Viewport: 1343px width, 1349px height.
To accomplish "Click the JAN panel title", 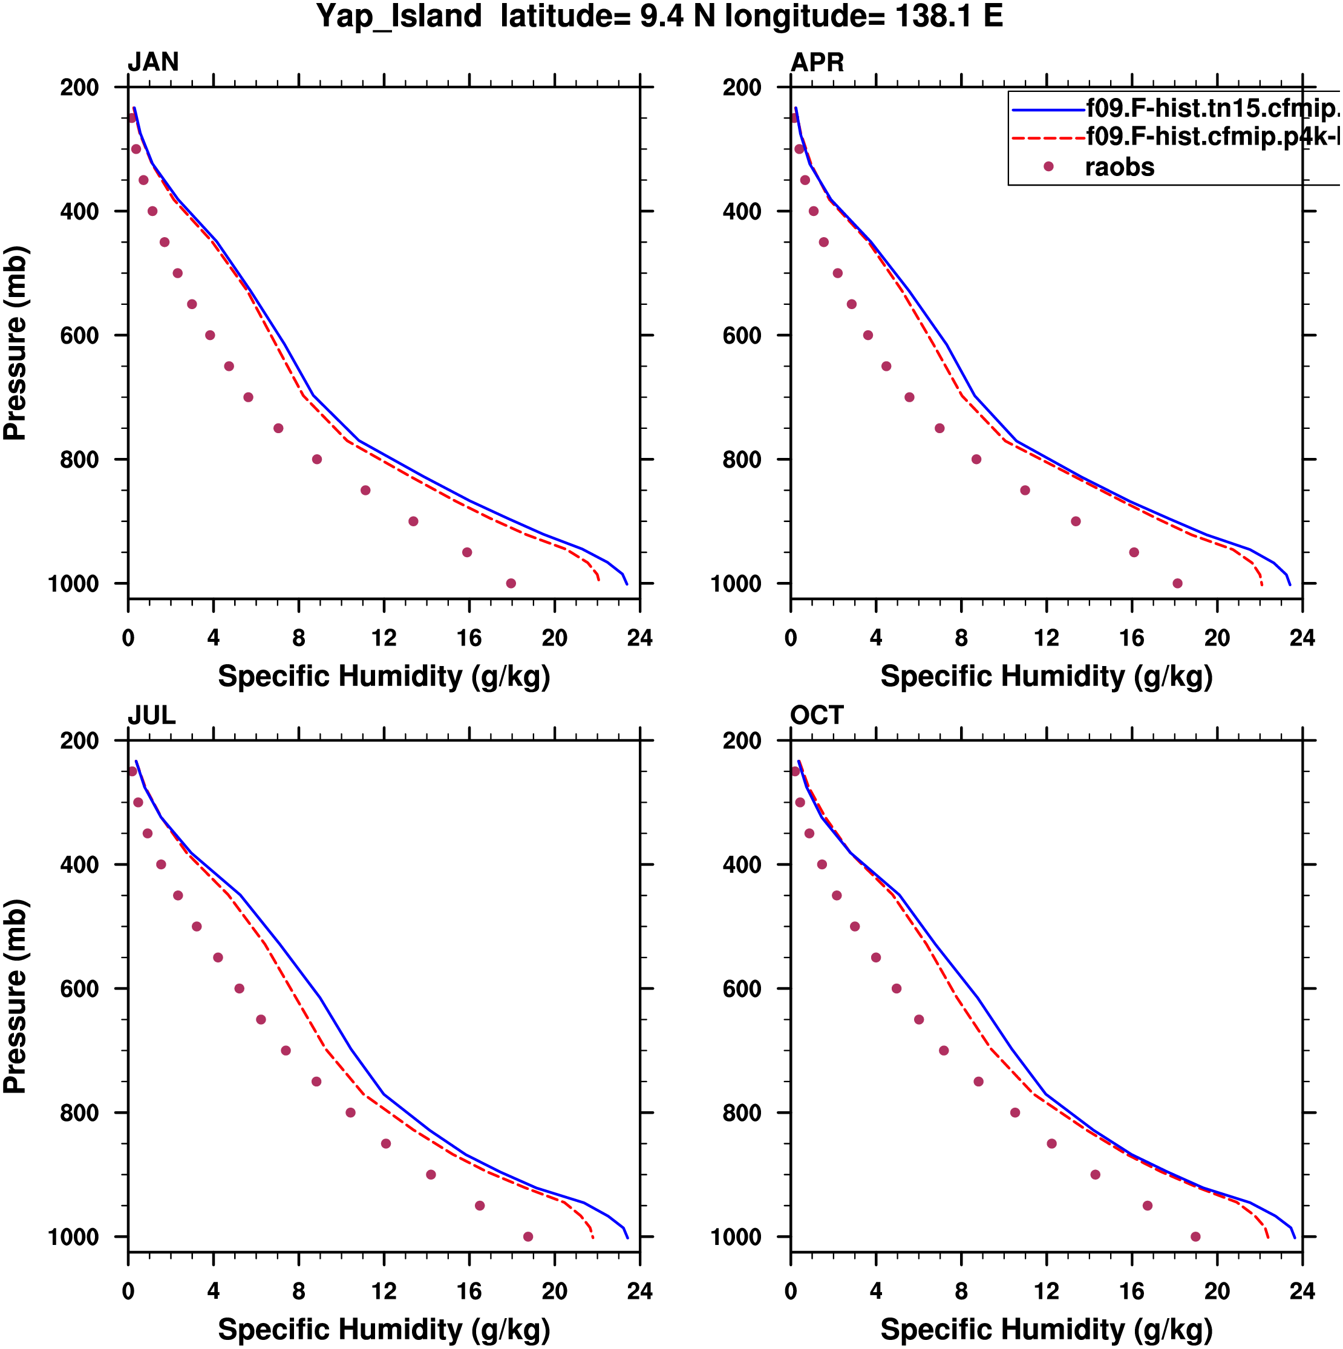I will (x=153, y=62).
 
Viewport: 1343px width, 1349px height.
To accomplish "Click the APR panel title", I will (x=817, y=62).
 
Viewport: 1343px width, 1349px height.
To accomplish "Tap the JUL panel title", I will (x=152, y=716).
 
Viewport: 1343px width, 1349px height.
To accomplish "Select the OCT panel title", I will (x=817, y=716).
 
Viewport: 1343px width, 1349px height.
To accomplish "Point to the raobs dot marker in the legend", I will (x=1048, y=167).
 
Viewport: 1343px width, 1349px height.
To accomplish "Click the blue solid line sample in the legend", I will (x=1048, y=109).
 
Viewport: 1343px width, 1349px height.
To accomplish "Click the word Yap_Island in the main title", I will (x=399, y=17).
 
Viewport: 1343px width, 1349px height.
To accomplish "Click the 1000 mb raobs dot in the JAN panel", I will (x=511, y=584).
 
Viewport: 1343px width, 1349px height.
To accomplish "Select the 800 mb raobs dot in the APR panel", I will (x=976, y=459).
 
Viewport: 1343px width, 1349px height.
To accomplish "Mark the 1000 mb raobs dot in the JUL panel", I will (x=528, y=1236).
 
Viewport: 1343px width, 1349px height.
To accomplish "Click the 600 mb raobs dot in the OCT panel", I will (x=896, y=988).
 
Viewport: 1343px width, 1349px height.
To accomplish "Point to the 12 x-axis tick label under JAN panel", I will (x=384, y=638).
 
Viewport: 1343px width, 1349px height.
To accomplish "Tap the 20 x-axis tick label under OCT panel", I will (x=1217, y=1291).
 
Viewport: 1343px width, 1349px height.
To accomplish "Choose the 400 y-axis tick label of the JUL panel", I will (x=79, y=865).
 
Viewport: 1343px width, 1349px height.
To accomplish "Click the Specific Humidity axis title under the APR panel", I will (x=1045, y=676).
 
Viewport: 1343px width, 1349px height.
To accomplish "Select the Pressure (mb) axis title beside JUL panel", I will (x=15, y=996).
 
